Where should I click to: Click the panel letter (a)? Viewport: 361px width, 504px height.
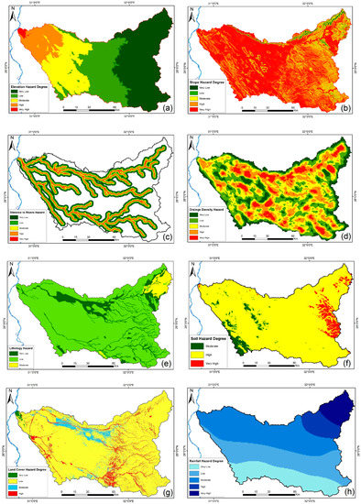click(165, 107)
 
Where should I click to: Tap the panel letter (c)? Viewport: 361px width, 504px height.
click(165, 233)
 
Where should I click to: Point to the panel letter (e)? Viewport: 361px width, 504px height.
click(165, 358)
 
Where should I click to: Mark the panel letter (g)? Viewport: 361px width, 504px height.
click(165, 484)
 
